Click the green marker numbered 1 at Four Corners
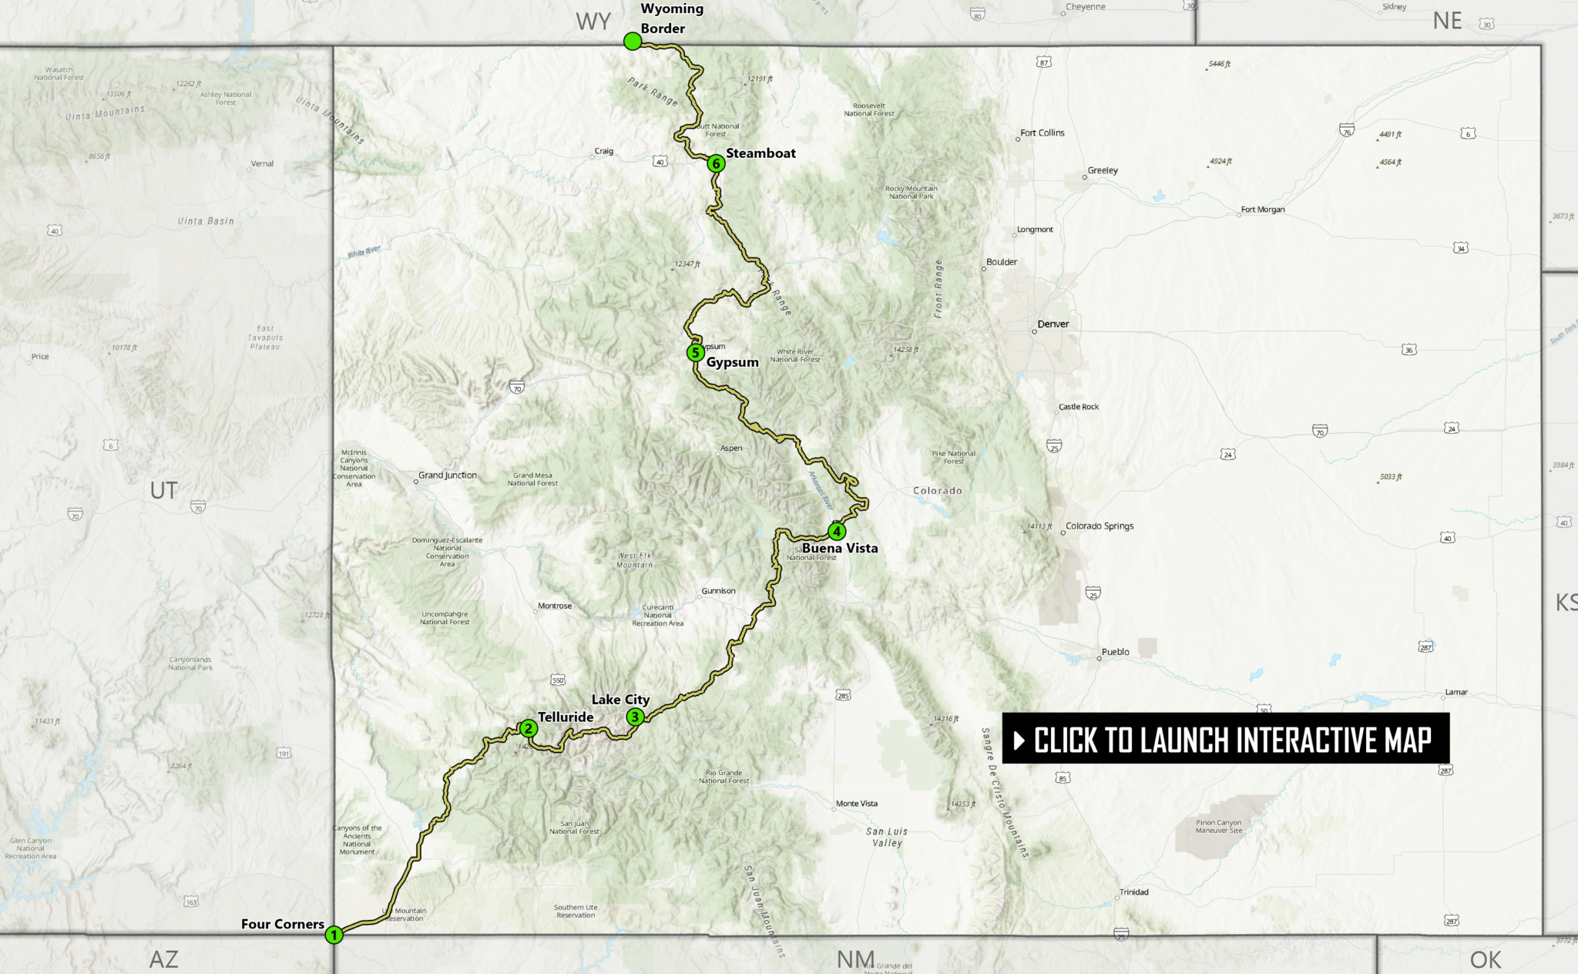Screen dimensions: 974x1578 click(334, 935)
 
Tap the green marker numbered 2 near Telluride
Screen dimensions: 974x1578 click(528, 728)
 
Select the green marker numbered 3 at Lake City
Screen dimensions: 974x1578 click(635, 717)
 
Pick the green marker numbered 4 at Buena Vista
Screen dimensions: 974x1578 click(837, 531)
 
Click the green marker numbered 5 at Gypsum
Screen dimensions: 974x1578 click(695, 353)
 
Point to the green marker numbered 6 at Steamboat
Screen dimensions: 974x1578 click(716, 163)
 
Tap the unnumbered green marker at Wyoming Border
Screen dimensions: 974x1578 click(633, 42)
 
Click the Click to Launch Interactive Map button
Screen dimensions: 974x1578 click(1225, 739)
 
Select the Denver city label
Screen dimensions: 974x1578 click(1053, 324)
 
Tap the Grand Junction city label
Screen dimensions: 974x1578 click(448, 475)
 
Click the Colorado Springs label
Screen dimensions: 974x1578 click(1100, 526)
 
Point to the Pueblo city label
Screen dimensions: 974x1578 click(1115, 652)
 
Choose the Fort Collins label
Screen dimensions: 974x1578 click(1042, 133)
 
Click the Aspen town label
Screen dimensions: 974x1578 click(731, 448)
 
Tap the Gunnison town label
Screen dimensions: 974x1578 click(718, 591)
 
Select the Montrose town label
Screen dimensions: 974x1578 click(555, 606)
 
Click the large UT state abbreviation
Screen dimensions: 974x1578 click(164, 490)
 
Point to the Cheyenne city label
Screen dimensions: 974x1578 click(1085, 7)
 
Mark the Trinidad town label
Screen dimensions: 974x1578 click(1133, 892)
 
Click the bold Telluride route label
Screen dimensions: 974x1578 click(566, 717)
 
